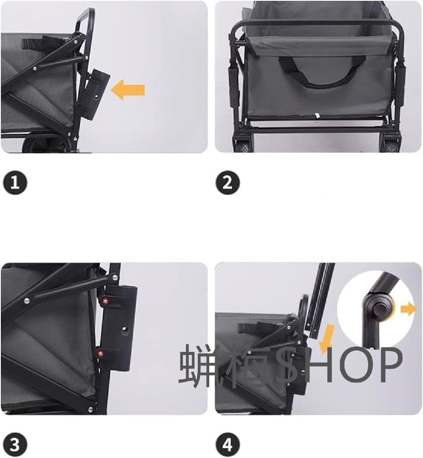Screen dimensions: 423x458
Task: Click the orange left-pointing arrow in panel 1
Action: click(128, 90)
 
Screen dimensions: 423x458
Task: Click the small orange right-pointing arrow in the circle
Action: click(408, 310)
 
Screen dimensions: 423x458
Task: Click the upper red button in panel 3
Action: click(106, 301)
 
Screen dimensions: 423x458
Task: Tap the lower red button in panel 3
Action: click(100, 353)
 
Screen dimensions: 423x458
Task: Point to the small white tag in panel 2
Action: click(317, 115)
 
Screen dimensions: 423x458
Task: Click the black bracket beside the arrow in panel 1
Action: click(96, 94)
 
